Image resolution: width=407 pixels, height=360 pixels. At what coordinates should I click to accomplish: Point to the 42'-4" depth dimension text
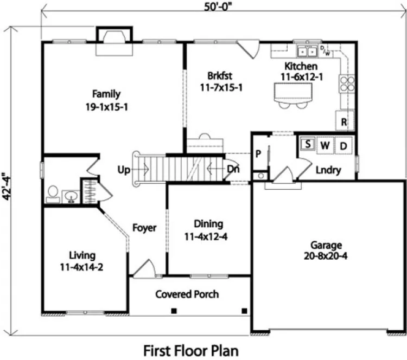coord(7,187)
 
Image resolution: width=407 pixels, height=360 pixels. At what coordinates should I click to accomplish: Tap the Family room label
coord(106,94)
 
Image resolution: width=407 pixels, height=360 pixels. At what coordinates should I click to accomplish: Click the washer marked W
coord(325,145)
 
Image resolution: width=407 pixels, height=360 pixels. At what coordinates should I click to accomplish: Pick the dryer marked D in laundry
coord(344,145)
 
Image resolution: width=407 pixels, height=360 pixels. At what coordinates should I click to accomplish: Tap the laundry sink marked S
coord(307,144)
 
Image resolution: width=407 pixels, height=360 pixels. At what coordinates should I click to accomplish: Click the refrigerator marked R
coord(344,121)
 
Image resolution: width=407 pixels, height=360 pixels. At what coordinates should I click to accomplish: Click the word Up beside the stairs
coord(124,170)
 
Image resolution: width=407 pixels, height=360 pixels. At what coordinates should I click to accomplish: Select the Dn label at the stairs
coord(233,170)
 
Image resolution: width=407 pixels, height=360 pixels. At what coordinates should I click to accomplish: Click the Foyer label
coord(144,228)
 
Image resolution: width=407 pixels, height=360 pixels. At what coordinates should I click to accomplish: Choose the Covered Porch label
coord(187,294)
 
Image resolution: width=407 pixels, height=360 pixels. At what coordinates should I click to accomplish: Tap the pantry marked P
coord(259,154)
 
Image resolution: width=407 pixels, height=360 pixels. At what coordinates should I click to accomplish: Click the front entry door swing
coord(144,269)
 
